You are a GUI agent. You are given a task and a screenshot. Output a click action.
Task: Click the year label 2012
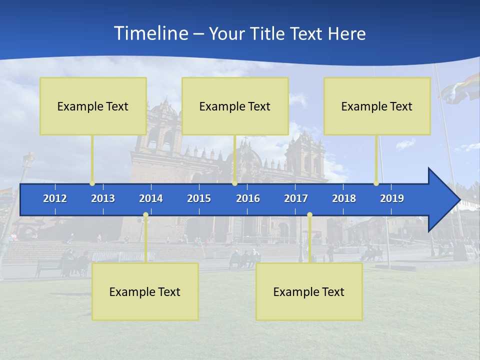pyautogui.click(x=55, y=198)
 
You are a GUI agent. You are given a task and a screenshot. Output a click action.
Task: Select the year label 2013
pyautogui.click(x=103, y=198)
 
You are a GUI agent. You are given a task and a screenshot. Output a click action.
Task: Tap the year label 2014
pyautogui.click(x=151, y=198)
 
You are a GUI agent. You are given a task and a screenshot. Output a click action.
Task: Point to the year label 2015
pyautogui.click(x=199, y=198)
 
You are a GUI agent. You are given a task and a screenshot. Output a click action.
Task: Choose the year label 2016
pyautogui.click(x=248, y=198)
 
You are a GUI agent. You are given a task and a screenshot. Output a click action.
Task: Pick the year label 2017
pyautogui.click(x=296, y=198)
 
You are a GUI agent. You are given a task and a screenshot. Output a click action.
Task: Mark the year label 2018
pyautogui.click(x=344, y=198)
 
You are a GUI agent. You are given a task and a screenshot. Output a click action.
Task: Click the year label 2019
pyautogui.click(x=392, y=198)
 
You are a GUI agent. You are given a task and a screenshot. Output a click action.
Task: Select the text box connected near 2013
pyautogui.click(x=93, y=106)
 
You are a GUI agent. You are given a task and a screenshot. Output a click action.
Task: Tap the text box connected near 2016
pyautogui.click(x=235, y=106)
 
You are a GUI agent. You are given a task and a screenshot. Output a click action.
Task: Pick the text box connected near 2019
pyautogui.click(x=377, y=106)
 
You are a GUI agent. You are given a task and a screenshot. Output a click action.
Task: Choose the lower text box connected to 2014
pyautogui.click(x=145, y=291)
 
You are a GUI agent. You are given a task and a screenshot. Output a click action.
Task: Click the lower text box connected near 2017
pyautogui.click(x=309, y=291)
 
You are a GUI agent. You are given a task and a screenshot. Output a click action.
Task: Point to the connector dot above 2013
pyautogui.click(x=92, y=183)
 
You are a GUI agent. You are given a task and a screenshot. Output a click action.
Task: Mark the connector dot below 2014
pyautogui.click(x=145, y=215)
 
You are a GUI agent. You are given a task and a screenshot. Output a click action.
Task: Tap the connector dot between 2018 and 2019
pyautogui.click(x=376, y=183)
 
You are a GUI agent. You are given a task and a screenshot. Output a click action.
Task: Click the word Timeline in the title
pyautogui.click(x=150, y=33)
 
